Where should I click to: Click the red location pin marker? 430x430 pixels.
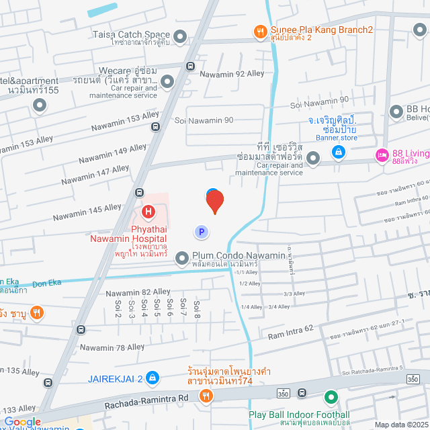coord(214,202)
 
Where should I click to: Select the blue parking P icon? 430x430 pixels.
coord(200,232)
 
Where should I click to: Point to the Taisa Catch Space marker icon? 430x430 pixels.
coord(180,36)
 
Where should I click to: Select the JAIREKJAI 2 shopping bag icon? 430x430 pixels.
coord(153,378)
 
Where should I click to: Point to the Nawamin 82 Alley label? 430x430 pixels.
coord(138,292)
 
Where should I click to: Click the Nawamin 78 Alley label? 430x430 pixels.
coord(112,347)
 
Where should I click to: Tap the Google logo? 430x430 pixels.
coord(22,422)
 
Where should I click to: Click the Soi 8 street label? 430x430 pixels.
coord(196,308)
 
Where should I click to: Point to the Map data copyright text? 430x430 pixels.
coord(400,424)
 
